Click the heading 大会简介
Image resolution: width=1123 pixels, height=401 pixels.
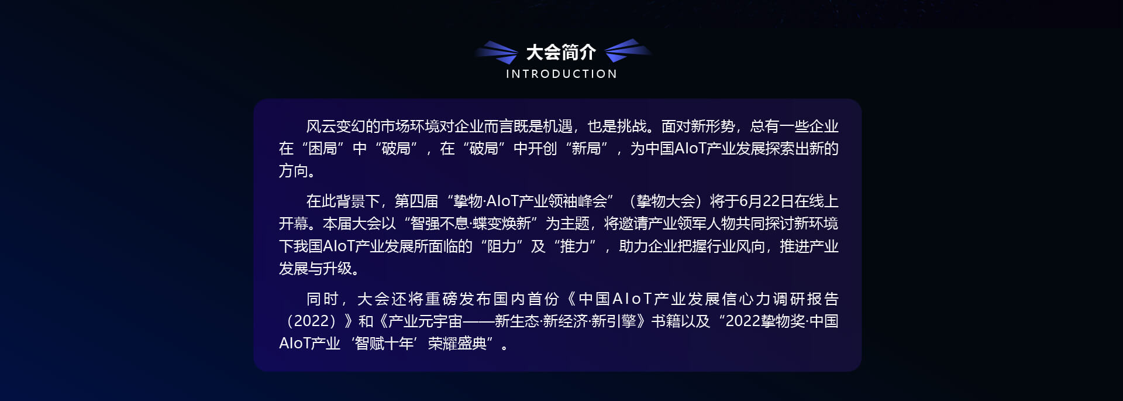(x=561, y=52)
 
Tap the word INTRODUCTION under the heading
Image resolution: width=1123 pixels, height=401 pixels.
(x=561, y=74)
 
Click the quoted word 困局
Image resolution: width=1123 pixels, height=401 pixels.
(x=323, y=149)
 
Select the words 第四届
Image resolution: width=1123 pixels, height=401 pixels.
(x=416, y=201)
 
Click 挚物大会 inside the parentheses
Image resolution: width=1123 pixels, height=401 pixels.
(x=666, y=201)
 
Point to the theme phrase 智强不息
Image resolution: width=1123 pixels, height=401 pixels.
(x=439, y=224)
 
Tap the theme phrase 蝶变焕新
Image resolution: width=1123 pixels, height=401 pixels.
(x=502, y=224)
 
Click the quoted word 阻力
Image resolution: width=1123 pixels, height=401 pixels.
(x=502, y=246)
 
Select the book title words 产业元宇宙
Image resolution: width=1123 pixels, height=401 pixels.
(x=425, y=321)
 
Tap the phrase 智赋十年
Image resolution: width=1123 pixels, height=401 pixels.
(x=384, y=344)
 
